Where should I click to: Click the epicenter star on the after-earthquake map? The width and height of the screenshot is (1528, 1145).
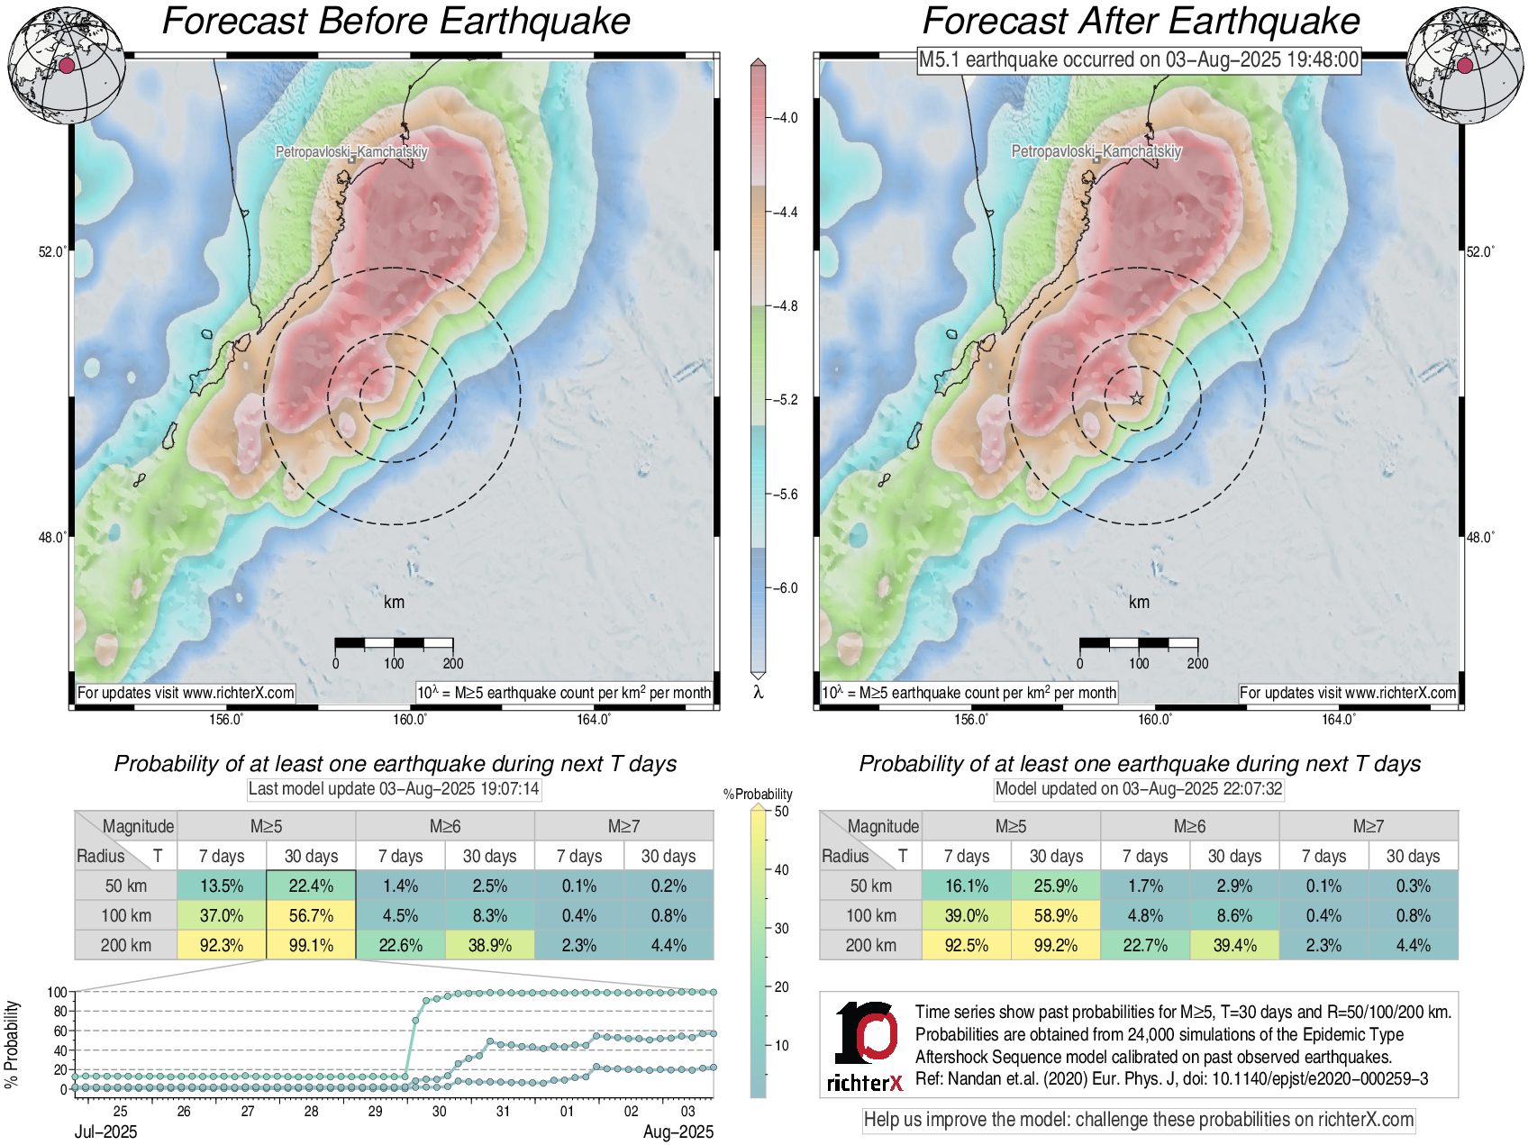[x=1137, y=398]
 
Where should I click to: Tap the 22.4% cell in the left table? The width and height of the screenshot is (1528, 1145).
[x=311, y=886]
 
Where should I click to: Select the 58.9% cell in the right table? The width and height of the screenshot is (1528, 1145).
[x=1056, y=915]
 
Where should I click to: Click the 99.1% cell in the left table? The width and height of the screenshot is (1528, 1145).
[x=311, y=945]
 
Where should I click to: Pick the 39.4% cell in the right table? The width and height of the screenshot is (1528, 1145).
[x=1234, y=945]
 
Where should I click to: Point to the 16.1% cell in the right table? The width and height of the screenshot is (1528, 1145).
[x=967, y=886]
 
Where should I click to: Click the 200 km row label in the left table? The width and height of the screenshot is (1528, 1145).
[x=126, y=945]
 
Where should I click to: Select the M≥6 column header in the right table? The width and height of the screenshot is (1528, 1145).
[x=1189, y=826]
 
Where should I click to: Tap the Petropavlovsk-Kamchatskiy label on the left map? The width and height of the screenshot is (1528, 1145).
[x=351, y=151]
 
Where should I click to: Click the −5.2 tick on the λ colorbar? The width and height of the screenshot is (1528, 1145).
[x=783, y=400]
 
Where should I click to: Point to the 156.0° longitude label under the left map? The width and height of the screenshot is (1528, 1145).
[x=226, y=719]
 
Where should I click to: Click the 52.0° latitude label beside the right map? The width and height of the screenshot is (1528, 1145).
[x=1479, y=252]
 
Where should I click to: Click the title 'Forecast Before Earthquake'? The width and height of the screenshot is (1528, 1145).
[x=396, y=22]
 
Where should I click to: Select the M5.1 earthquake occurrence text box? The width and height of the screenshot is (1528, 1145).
[x=1139, y=59]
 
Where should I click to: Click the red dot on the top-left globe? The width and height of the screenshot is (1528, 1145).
[x=67, y=65]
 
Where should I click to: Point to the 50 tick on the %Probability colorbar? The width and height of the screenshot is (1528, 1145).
[x=780, y=811]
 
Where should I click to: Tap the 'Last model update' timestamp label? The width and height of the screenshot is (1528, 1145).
[x=394, y=789]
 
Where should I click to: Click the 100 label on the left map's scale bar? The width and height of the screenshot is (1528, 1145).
[x=394, y=664]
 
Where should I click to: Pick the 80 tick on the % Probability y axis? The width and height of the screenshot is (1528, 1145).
[x=60, y=1012]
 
